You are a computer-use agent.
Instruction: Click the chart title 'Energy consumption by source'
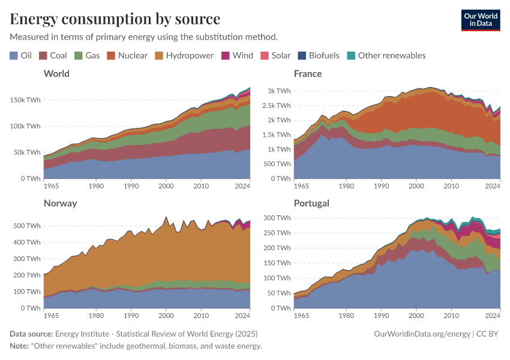tap(115, 18)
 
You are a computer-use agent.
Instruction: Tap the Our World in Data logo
tap(480, 19)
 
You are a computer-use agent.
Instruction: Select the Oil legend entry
tap(20, 55)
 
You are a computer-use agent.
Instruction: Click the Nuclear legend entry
tap(127, 55)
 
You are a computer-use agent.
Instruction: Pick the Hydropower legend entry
tap(184, 55)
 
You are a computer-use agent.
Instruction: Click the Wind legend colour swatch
tap(226, 55)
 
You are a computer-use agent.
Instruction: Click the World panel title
tap(56, 73)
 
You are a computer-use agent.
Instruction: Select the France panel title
tap(308, 73)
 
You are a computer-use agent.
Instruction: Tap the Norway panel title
tap(60, 203)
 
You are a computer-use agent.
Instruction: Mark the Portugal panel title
tap(311, 203)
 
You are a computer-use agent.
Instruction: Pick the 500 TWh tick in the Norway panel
tap(27, 226)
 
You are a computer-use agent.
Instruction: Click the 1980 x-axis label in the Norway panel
tap(95, 315)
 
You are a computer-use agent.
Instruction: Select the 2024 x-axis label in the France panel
tap(492, 185)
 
